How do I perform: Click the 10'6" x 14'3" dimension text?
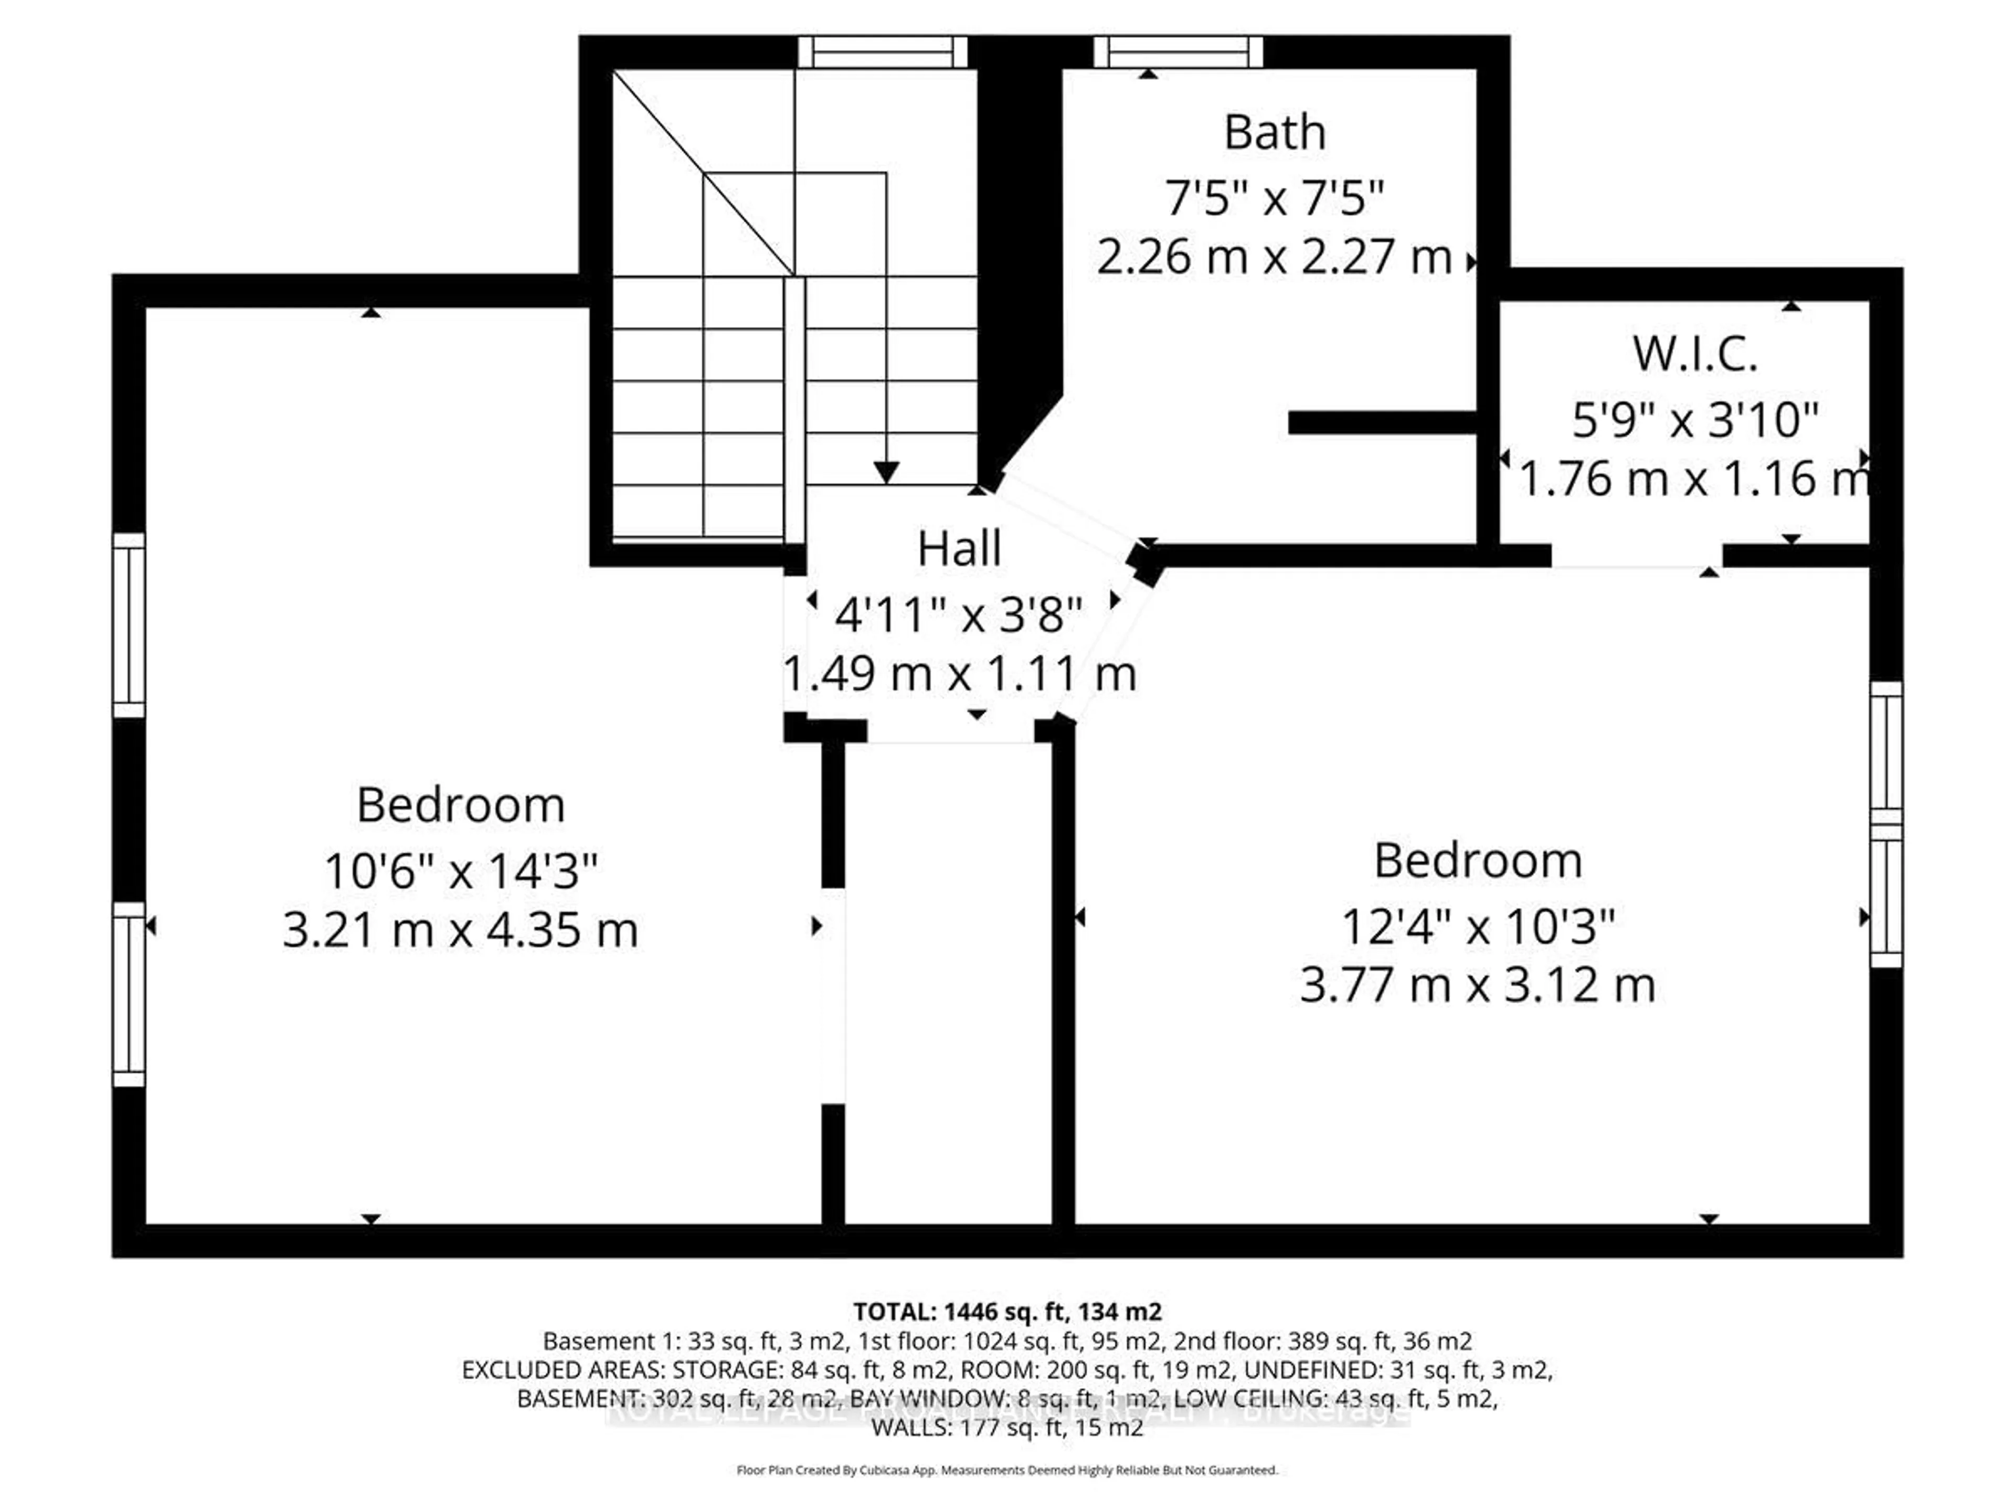pos(460,871)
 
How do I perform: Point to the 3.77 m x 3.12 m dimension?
pos(1477,985)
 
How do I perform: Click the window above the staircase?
pos(882,52)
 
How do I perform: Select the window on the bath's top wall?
pos(1178,52)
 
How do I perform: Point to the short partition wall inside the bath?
pos(1382,422)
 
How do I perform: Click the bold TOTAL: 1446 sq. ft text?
pos(1006,1312)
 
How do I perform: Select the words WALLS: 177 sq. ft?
pos(1006,1427)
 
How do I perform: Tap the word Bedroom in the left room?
pos(460,805)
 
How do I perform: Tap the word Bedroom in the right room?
pos(1477,861)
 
